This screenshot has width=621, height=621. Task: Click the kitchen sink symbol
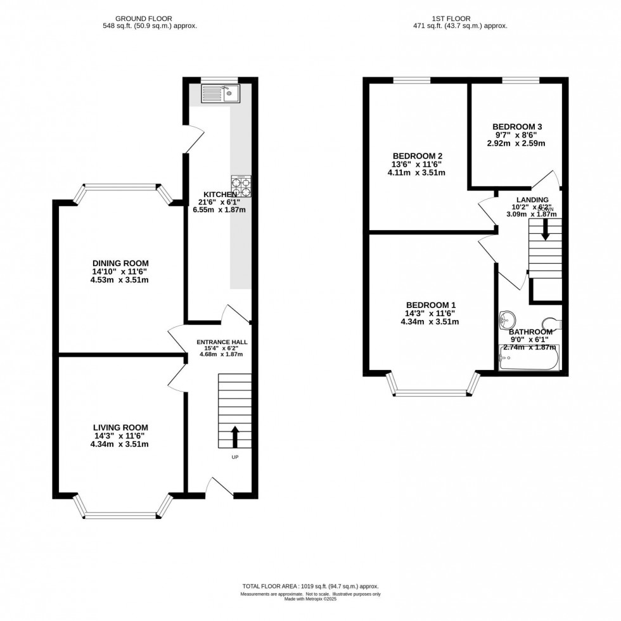[x=219, y=94]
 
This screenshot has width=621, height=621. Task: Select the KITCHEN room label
[x=219, y=194]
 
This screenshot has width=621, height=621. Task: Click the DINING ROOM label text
[x=120, y=263]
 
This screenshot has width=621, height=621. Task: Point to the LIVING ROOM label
[x=120, y=428]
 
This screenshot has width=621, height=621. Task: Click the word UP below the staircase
[x=234, y=457]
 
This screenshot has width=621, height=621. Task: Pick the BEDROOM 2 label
[x=417, y=156]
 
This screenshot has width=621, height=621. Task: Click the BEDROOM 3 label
[x=518, y=126]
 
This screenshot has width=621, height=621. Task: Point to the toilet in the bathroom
[x=552, y=325]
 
